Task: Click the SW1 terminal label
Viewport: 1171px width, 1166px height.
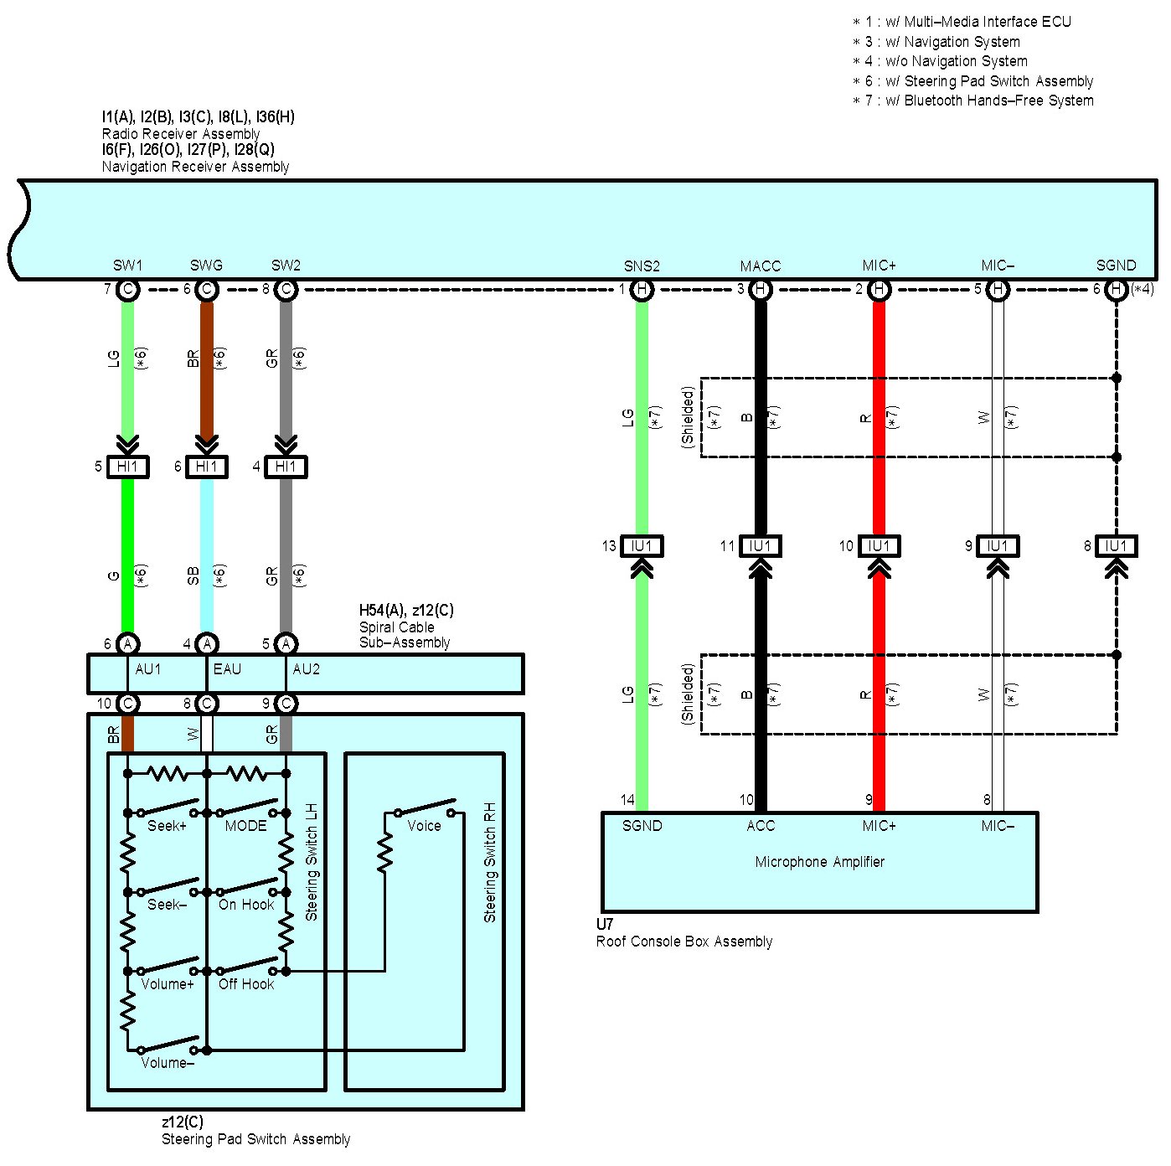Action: (127, 266)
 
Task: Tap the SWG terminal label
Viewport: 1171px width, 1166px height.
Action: (206, 266)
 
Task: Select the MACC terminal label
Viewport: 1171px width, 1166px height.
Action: (760, 266)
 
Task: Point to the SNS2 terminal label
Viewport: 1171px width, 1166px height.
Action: (642, 266)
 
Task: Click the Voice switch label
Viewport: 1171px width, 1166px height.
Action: (424, 826)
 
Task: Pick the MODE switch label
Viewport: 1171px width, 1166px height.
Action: (245, 826)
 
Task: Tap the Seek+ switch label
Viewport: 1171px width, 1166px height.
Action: (167, 826)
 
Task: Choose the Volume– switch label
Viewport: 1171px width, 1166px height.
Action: (168, 1063)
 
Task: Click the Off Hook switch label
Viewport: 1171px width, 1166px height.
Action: (246, 984)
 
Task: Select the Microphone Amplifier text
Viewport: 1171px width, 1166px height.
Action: (819, 862)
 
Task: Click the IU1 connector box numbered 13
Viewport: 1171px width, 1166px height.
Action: (642, 546)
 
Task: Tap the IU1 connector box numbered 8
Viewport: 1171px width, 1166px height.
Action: (1116, 546)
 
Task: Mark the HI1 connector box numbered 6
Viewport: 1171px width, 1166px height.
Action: (206, 467)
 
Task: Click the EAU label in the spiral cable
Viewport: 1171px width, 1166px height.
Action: (227, 669)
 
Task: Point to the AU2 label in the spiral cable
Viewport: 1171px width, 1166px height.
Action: (307, 669)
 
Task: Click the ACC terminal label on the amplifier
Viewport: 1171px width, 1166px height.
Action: (761, 826)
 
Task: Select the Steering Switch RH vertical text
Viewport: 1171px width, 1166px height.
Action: (490, 863)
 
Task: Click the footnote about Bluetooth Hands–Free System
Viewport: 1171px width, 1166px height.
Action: (973, 101)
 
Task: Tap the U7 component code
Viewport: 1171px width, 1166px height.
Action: (605, 925)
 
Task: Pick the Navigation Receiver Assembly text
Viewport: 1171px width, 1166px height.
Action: (195, 167)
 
